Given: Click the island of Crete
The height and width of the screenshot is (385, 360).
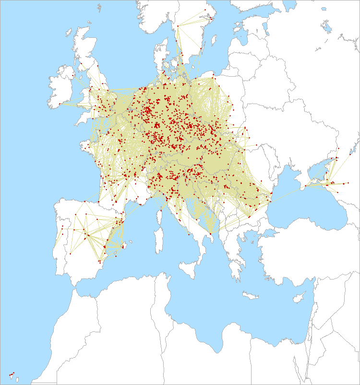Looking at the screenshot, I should click(x=251, y=295).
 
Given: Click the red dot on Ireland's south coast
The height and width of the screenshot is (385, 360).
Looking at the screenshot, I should click(x=60, y=104).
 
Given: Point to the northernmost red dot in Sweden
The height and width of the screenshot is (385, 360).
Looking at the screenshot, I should click(x=205, y=9).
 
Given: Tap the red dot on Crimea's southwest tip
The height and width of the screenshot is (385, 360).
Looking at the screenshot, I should click(x=306, y=185).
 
